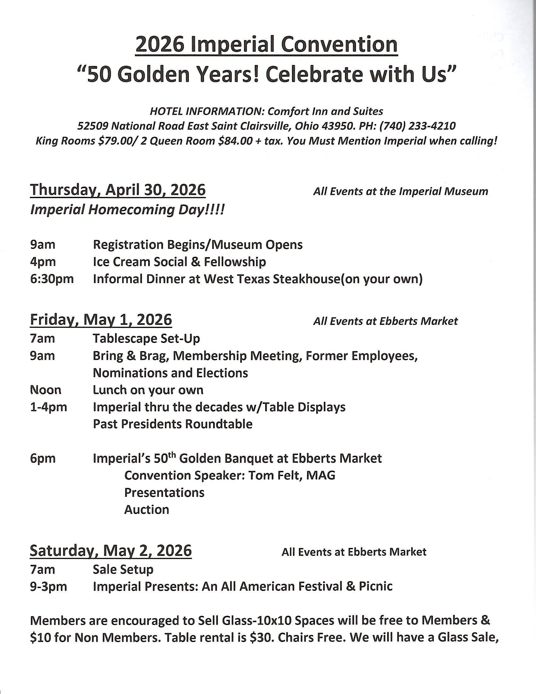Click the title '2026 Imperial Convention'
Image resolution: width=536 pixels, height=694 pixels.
(x=266, y=45)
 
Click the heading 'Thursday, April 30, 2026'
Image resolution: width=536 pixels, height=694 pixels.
(x=118, y=190)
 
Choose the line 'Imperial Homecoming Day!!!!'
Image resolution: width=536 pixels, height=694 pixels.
(x=127, y=210)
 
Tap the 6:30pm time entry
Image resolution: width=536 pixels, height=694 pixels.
(x=52, y=279)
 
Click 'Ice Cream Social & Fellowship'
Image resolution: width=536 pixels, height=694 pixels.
(x=179, y=262)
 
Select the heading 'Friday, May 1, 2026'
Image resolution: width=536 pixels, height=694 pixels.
(x=101, y=319)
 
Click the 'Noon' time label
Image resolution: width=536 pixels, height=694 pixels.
(x=46, y=390)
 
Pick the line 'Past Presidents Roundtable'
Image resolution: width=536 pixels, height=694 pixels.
(x=173, y=424)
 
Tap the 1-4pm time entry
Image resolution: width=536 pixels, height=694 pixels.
(x=49, y=407)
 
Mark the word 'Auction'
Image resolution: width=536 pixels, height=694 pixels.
(x=147, y=509)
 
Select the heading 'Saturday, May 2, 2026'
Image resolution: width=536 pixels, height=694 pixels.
(x=111, y=551)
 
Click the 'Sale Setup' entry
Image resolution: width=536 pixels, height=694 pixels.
(x=123, y=569)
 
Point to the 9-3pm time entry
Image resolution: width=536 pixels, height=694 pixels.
(x=49, y=586)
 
